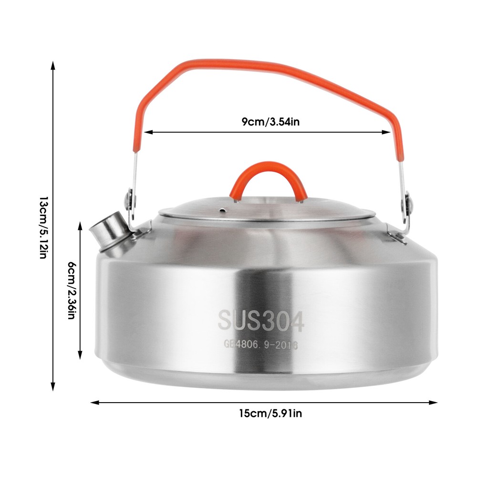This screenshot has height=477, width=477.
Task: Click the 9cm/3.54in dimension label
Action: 270,122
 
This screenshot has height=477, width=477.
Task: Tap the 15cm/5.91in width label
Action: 270,414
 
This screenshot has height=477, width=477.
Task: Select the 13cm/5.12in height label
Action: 43,228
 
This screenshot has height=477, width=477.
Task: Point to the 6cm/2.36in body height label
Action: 71,290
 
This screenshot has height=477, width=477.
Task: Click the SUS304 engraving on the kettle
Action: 261,321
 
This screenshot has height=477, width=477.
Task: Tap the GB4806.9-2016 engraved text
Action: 261,345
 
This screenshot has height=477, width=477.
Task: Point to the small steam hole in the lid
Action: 223,209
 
